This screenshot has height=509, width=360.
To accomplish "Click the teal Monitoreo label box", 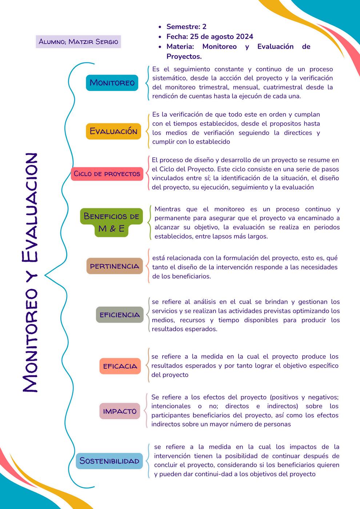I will [112, 83].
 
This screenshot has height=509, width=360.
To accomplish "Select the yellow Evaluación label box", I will [113, 131].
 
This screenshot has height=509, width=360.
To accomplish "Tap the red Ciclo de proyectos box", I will [107, 173].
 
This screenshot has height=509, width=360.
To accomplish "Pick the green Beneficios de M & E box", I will [111, 222].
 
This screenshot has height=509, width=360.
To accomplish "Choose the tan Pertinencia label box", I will [115, 266].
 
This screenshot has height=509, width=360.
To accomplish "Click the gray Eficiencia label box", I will [120, 315].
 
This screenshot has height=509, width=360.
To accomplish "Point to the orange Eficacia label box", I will [120, 366].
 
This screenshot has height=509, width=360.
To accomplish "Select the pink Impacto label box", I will [120, 411].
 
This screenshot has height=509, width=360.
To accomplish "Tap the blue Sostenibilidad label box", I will [109, 461].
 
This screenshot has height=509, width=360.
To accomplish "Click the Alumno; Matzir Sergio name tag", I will [79, 41].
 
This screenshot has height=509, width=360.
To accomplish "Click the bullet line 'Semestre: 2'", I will [186, 27].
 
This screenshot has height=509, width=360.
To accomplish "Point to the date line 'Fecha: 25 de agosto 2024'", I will [210, 36].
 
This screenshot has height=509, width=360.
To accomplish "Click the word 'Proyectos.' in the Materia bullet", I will [184, 56].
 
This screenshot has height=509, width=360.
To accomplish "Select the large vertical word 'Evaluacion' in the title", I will [29, 207].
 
